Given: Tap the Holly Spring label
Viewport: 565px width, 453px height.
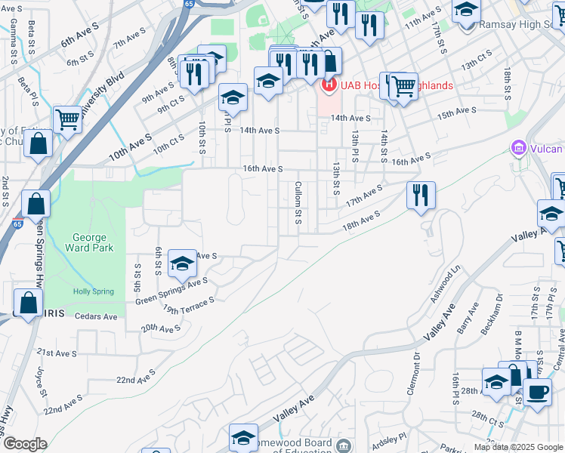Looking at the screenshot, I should coord(91,292).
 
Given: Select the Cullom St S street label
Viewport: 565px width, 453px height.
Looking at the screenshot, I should coord(298,202).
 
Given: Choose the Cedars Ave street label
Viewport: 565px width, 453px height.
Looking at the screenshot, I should coord(97,317).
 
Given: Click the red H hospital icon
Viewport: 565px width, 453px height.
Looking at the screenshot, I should coord(329,85).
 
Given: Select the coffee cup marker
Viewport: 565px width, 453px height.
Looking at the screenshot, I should coord(537,392).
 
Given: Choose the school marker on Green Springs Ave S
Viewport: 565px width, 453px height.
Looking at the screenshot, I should coord(182,263).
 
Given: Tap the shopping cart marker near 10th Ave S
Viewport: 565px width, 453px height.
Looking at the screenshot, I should coord(68,119).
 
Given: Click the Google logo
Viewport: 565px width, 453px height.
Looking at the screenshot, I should coord(25,443).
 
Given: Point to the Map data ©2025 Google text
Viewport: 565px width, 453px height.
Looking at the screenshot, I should coord(517,447).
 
